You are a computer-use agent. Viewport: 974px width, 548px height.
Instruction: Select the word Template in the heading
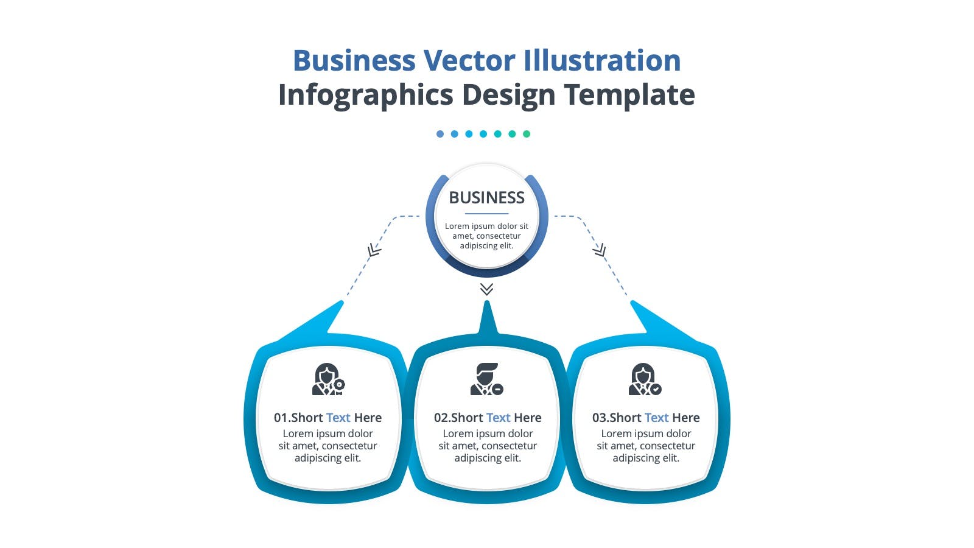(629, 95)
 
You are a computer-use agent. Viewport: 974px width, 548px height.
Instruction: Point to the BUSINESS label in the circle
(486, 197)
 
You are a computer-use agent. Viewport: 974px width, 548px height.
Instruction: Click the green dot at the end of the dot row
(527, 134)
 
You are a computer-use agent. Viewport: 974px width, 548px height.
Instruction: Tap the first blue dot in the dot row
(440, 134)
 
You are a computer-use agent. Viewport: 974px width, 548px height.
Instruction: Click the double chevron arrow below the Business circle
(486, 289)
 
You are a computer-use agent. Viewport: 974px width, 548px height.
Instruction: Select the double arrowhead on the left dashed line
(374, 250)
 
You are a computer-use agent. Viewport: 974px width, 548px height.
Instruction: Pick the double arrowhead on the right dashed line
(599, 250)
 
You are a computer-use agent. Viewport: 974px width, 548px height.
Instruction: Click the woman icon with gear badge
(329, 379)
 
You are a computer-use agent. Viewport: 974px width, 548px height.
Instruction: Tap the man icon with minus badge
(487, 379)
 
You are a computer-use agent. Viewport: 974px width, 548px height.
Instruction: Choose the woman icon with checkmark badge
(645, 379)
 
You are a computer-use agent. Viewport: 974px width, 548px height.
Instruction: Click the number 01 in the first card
(281, 418)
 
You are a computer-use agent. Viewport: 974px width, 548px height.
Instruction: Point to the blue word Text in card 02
(498, 418)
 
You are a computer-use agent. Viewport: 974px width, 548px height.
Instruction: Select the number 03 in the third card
(599, 418)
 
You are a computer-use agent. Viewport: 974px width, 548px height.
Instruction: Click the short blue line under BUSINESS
(486, 214)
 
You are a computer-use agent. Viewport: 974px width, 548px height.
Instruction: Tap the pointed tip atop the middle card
(487, 301)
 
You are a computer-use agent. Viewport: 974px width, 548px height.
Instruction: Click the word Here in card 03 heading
(685, 418)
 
